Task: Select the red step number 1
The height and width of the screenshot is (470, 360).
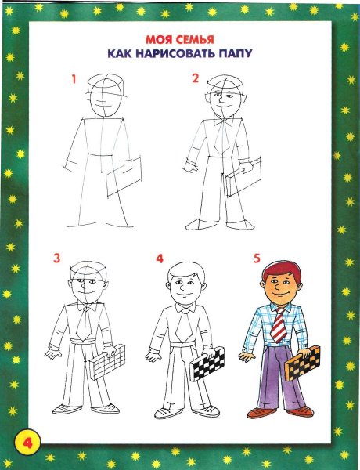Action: (x=73, y=79)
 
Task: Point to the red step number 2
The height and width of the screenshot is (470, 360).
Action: (x=195, y=78)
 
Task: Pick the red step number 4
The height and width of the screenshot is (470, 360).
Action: (x=160, y=258)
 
